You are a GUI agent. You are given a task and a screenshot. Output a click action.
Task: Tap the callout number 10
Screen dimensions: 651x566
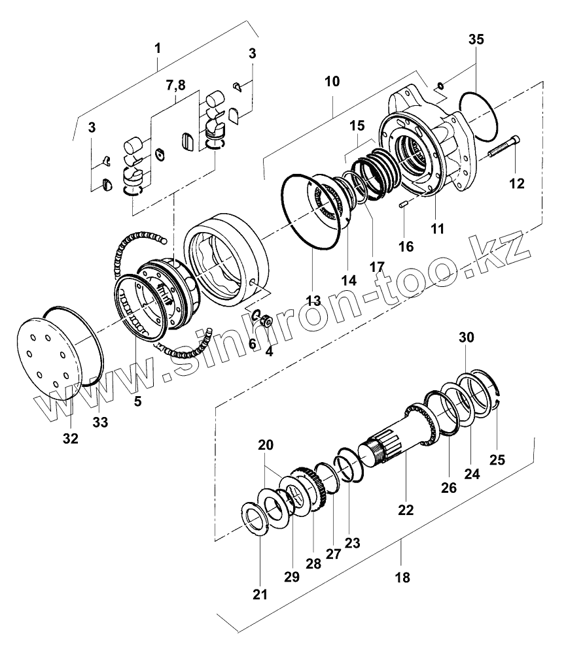pyautogui.click(x=332, y=82)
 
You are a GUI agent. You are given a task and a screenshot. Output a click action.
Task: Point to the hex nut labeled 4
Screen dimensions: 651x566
pyautogui.click(x=266, y=321)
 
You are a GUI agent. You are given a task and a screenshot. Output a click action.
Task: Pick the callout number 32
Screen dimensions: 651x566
pyautogui.click(x=70, y=439)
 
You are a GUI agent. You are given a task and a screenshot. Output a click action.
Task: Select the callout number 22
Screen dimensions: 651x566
pyautogui.click(x=406, y=509)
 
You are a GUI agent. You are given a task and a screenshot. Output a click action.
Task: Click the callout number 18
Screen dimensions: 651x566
pyautogui.click(x=403, y=577)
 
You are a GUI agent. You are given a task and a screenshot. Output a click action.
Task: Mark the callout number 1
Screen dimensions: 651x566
pyautogui.click(x=157, y=48)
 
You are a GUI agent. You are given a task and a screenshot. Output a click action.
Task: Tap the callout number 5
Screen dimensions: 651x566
pyautogui.click(x=137, y=401)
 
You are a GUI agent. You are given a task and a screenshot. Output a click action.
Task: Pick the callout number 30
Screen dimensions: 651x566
pyautogui.click(x=465, y=337)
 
